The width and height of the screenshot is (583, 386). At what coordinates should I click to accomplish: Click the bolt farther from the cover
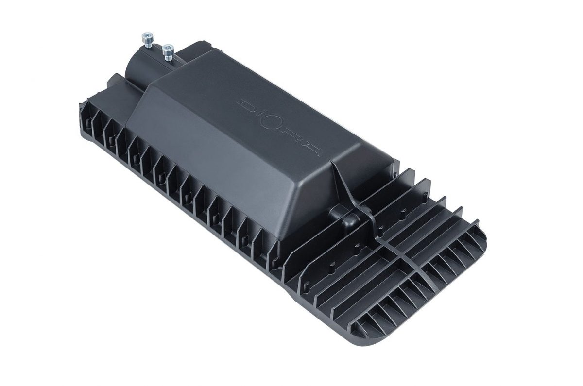(x=148, y=41)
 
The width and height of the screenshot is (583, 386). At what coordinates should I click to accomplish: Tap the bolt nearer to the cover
(x=168, y=53)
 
